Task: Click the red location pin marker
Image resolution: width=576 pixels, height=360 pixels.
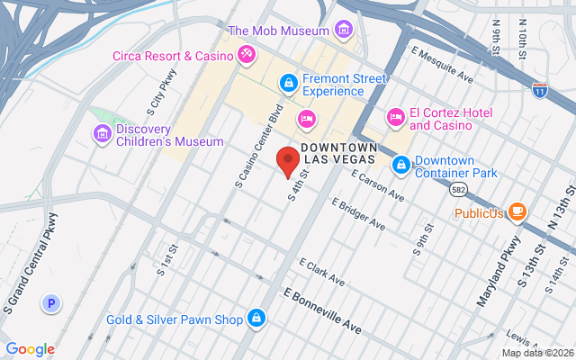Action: click(287, 161)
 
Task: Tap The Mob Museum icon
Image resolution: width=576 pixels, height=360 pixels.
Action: click(342, 31)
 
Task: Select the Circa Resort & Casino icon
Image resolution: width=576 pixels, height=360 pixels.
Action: click(244, 56)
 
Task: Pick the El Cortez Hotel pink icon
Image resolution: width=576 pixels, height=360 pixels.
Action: click(395, 118)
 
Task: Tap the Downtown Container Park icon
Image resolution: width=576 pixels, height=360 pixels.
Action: click(400, 165)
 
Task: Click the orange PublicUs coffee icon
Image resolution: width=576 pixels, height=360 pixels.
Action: click(517, 212)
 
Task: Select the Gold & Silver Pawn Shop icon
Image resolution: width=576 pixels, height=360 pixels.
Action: click(258, 319)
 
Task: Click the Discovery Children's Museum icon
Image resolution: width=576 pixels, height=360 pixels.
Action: click(103, 134)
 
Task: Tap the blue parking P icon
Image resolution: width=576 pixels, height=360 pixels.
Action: click(51, 305)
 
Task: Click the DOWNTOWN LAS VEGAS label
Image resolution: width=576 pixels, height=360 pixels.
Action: click(338, 153)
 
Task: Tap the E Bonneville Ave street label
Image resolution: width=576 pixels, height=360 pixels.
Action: click(322, 311)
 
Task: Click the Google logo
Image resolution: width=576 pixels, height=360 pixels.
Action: click(30, 349)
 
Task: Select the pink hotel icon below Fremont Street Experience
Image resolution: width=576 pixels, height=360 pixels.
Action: click(307, 119)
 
